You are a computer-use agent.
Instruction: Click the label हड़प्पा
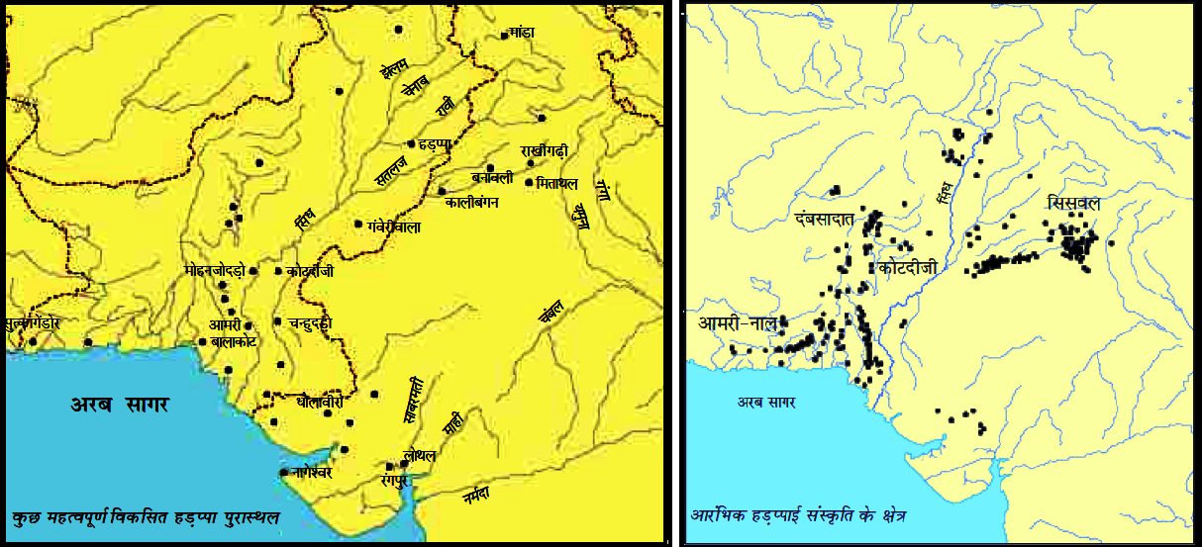(x=436, y=143)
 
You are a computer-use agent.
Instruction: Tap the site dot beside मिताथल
(x=530, y=182)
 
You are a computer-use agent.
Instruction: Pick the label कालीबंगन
(x=477, y=202)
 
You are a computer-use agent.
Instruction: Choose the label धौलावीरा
(x=320, y=403)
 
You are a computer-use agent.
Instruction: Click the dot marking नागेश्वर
(x=285, y=472)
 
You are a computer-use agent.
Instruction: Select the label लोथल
(x=419, y=455)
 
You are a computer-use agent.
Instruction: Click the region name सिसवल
(x=1076, y=202)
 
